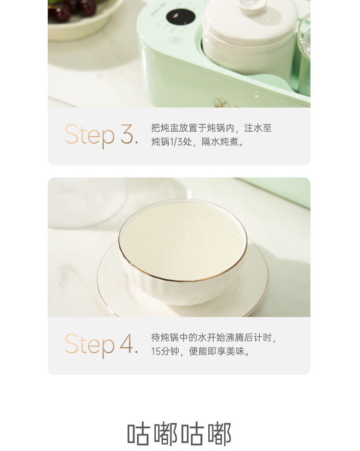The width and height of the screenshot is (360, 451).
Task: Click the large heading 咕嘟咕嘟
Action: [x=179, y=434]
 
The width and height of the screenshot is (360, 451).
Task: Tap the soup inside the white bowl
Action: [x=182, y=239]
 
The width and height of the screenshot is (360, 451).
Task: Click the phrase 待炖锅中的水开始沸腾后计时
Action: [x=213, y=338]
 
